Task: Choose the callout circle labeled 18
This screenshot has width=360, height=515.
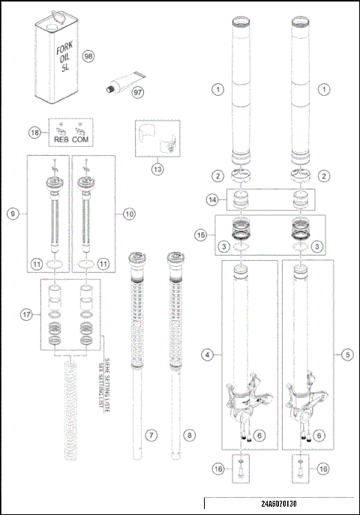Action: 34,132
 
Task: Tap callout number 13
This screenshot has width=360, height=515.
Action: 157,169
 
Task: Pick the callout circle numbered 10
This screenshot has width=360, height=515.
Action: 129,213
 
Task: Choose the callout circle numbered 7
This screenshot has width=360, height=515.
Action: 151,434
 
